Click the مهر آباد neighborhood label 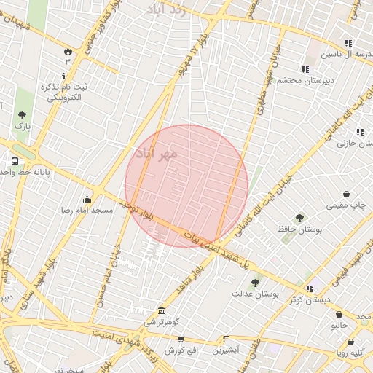tap(156, 154)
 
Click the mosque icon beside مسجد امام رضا tap(87, 199)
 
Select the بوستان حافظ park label tap(299, 229)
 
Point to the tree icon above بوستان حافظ tap(299, 217)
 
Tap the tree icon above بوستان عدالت tap(254, 283)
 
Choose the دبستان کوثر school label tap(309, 299)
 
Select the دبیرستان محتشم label tap(305, 80)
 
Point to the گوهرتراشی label tap(162, 321)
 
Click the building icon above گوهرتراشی tap(161, 310)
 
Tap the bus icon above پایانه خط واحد tap(15, 160)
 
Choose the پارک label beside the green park tap(23, 126)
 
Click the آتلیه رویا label tap(350, 353)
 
